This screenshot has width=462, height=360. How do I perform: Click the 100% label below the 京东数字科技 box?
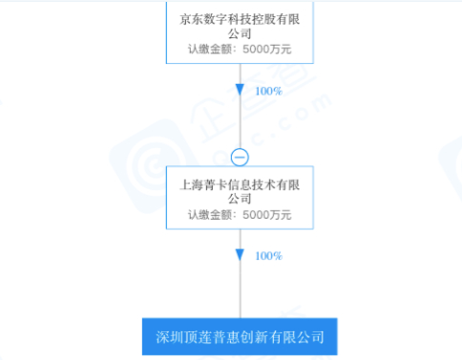click(x=268, y=91)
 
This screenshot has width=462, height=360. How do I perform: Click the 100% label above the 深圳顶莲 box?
click(x=268, y=256)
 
